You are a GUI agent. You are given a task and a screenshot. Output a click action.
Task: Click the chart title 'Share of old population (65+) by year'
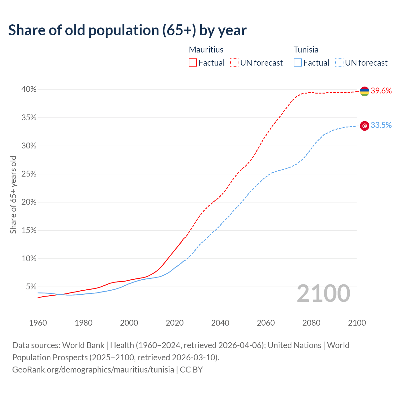click(x=127, y=30)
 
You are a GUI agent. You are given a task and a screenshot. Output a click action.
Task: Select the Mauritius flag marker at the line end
click(x=364, y=91)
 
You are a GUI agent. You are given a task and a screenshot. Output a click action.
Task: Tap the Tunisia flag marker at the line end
click(x=364, y=126)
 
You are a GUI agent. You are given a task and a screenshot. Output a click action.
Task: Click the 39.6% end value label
click(x=381, y=91)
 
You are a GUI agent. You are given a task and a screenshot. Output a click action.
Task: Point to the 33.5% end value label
click(x=381, y=125)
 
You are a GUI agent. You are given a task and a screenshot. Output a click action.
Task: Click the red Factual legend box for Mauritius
click(x=193, y=63)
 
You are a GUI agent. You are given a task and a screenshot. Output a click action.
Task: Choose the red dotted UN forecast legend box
click(x=234, y=63)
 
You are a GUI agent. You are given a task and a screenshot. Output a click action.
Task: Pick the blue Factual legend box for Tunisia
click(x=298, y=63)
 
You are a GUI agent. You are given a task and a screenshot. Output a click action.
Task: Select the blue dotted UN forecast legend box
click(x=339, y=63)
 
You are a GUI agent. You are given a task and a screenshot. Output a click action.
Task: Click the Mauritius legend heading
click(x=206, y=50)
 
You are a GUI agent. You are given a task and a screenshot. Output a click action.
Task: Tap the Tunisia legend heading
click(x=306, y=50)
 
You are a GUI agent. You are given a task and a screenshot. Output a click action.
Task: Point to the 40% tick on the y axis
click(x=29, y=89)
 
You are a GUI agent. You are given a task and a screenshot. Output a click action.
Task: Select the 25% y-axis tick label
click(x=29, y=174)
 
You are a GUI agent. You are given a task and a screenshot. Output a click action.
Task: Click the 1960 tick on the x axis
click(x=38, y=323)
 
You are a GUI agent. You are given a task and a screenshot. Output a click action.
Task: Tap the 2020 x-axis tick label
click(x=175, y=323)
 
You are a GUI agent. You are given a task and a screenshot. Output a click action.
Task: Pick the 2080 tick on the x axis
click(x=311, y=323)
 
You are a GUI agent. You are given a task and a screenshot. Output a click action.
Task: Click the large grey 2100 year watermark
click(x=323, y=293)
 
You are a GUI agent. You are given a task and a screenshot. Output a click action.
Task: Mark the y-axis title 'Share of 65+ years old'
click(x=13, y=194)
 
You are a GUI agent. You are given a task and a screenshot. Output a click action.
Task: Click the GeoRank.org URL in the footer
click(x=93, y=370)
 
